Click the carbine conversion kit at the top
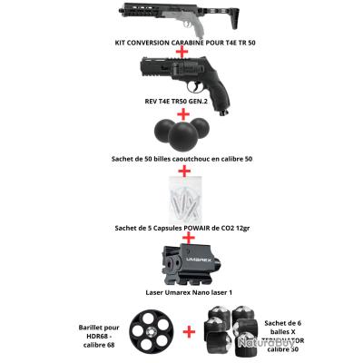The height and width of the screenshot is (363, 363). [x=181, y=17]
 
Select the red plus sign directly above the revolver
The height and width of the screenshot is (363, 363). [x=182, y=54]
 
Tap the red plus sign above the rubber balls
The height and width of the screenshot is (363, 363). [x=182, y=111]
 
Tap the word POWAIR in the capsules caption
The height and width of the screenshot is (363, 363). [x=191, y=228]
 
